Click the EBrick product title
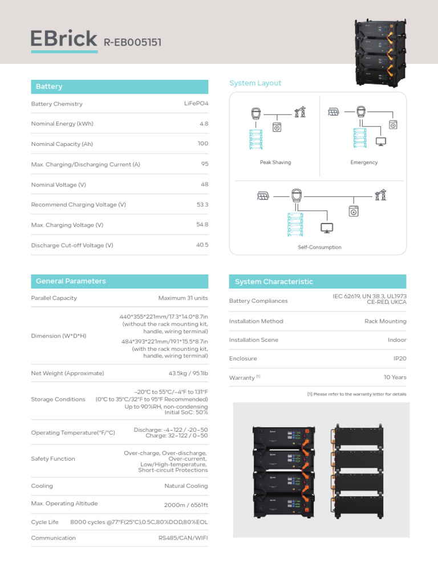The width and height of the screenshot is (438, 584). [64, 39]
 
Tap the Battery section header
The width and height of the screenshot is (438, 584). [49, 87]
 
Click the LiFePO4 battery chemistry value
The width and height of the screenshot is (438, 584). [196, 103]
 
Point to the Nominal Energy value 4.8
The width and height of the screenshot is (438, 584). [204, 123]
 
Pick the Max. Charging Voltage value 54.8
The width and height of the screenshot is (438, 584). [202, 225]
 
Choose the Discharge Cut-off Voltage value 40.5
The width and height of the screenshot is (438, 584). [202, 245]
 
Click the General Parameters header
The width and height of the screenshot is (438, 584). [71, 281]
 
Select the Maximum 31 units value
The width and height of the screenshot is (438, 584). [183, 298]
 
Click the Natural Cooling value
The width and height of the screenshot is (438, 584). [186, 486]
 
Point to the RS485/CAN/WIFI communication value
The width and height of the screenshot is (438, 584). [183, 538]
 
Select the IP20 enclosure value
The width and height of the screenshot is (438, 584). [399, 359]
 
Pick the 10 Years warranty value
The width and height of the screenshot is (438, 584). [395, 377]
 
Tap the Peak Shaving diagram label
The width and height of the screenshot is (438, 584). [275, 163]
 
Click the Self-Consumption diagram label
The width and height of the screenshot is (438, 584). [319, 248]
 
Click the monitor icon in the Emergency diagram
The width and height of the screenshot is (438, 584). [381, 141]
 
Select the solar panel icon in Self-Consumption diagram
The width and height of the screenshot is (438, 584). [263, 196]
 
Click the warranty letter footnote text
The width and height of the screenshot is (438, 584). [356, 394]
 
